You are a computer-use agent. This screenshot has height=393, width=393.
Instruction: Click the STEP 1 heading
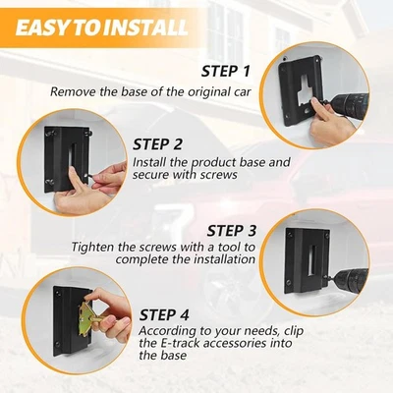pyautogui.click(x=226, y=72)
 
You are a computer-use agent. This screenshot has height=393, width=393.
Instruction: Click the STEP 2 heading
pyautogui.click(x=157, y=144)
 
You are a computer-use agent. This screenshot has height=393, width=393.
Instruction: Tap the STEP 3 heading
pyautogui.click(x=231, y=231)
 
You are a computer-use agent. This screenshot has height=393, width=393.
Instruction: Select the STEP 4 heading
pyautogui.click(x=164, y=315)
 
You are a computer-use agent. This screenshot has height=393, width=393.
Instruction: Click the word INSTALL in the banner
pyautogui.click(x=146, y=28)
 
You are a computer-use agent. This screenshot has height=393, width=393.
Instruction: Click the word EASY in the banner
pyautogui.click(x=43, y=28)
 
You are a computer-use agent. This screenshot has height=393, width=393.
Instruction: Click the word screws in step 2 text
pyautogui.click(x=219, y=175)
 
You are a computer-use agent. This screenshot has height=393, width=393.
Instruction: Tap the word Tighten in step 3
pyautogui.click(x=92, y=247)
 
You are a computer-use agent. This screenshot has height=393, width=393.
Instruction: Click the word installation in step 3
pyautogui.click(x=225, y=259)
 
